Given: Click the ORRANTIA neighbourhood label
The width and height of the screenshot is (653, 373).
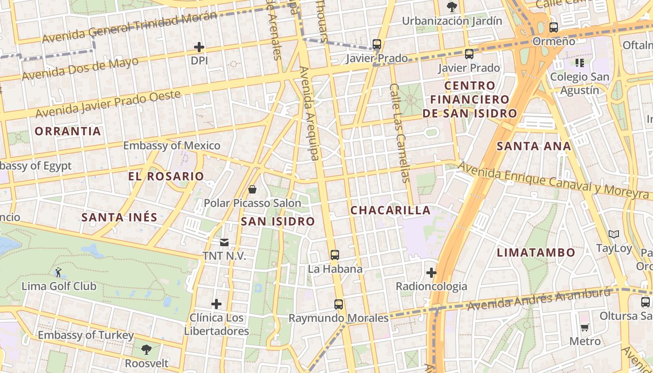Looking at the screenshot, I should pyautogui.click(x=68, y=131).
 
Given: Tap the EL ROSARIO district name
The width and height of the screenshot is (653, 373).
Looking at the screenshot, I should pyautogui.click(x=166, y=176).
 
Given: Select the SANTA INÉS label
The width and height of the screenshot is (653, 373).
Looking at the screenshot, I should pyautogui.click(x=119, y=217).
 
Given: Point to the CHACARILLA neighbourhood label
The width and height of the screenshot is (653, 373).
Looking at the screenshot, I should pyautogui.click(x=390, y=210).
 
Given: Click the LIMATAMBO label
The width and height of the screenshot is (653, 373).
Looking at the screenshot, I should pyautogui.click(x=536, y=253).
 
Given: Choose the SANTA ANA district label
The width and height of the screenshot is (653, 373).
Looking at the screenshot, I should pyautogui.click(x=534, y=146).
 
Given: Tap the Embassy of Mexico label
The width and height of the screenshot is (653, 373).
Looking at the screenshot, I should pyautogui.click(x=172, y=145).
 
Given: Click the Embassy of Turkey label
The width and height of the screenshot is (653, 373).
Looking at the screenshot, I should pyautogui.click(x=86, y=335).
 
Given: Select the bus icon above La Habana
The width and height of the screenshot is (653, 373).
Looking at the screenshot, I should pyautogui.click(x=334, y=255).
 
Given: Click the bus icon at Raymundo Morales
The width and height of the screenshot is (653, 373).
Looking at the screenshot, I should pyautogui.click(x=339, y=304).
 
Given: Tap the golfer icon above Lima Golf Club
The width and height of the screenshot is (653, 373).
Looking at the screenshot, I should pyautogui.click(x=58, y=272).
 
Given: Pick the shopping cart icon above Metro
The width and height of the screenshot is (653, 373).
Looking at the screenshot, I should pyautogui.click(x=585, y=327).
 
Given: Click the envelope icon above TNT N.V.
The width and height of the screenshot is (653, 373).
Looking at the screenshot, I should pyautogui.click(x=224, y=242).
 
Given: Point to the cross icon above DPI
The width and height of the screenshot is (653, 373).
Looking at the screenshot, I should pyautogui.click(x=199, y=47).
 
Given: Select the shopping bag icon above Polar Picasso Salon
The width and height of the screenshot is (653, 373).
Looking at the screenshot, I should pyautogui.click(x=252, y=189).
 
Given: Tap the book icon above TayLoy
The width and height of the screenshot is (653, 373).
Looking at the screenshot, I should pyautogui.click(x=614, y=234).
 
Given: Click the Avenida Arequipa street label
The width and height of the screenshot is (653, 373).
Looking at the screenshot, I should pyautogui.click(x=309, y=113).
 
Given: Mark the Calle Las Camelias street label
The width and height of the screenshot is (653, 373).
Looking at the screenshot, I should pyautogui.click(x=400, y=133).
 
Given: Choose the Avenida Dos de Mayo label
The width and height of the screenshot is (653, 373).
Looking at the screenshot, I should pyautogui.click(x=80, y=69).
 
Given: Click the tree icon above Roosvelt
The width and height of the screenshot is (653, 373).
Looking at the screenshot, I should pyautogui.click(x=146, y=350).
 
